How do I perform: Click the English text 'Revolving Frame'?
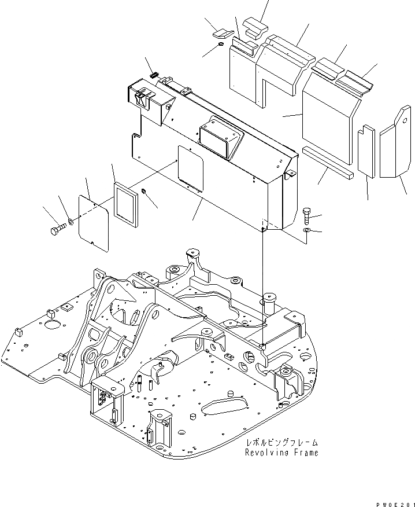click(x=281, y=453)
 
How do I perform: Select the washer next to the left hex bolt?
click(x=71, y=222)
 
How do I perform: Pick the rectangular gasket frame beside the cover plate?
click(x=127, y=202)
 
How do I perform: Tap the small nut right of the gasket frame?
click(x=144, y=192)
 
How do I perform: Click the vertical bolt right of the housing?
click(x=306, y=215)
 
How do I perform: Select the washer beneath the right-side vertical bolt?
click(x=306, y=232)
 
